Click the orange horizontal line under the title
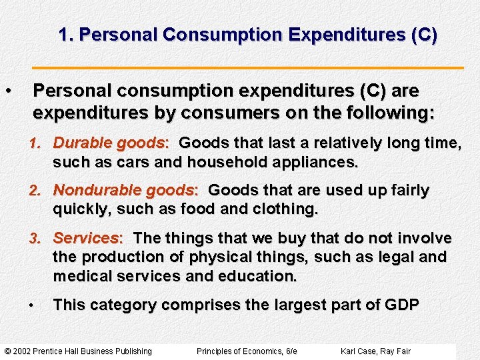click(248, 68)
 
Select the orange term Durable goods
click(109, 143)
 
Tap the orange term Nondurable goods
click(124, 190)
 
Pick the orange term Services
click(85, 238)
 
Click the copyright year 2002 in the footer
click(25, 351)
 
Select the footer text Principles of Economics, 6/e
click(247, 351)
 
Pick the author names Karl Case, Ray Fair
click(375, 351)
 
